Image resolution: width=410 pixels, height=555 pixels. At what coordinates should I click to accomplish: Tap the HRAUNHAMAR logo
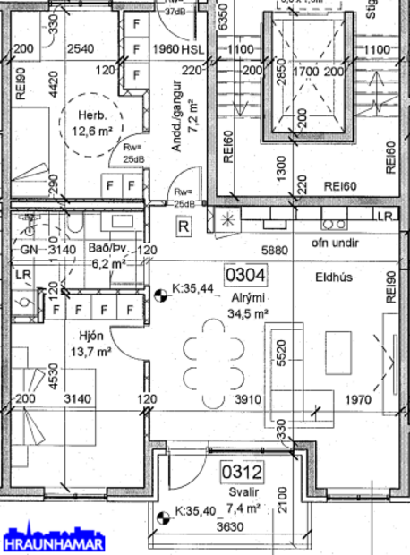(x=53, y=542)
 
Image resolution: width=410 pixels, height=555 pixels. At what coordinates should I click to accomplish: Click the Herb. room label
(x=89, y=115)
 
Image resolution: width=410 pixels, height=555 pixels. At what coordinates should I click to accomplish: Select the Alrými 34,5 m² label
(x=249, y=304)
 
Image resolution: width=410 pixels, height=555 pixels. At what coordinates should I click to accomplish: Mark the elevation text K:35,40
(x=194, y=511)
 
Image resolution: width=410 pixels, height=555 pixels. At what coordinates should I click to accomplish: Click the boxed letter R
(x=184, y=226)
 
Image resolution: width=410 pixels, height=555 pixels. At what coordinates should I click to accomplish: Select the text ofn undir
(x=335, y=243)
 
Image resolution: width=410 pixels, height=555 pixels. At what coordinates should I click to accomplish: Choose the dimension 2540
(x=81, y=48)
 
